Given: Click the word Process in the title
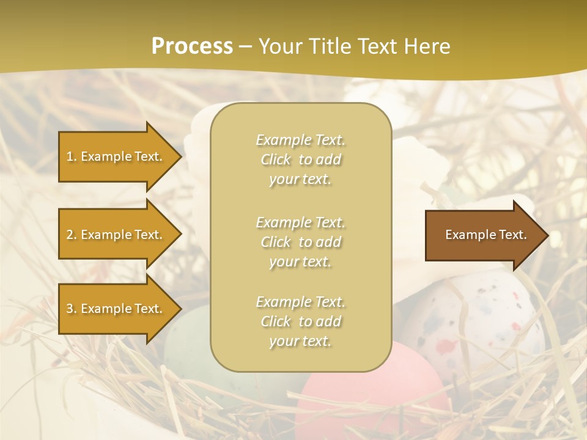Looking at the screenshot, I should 192,46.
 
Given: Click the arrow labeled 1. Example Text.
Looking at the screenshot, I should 116,156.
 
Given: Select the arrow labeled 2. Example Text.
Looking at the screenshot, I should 116,235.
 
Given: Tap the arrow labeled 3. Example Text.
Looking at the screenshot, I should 116,309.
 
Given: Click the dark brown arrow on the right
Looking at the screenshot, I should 483,235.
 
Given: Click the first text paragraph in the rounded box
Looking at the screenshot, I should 300,159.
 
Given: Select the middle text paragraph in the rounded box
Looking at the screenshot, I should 300,242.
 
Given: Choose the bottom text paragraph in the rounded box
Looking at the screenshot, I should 300,321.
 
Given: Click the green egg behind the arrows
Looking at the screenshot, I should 186,342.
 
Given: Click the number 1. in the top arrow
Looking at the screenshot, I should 72,156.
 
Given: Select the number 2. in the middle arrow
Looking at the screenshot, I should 72,235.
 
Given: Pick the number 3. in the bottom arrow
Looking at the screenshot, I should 72,309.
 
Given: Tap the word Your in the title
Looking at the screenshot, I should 278,46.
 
